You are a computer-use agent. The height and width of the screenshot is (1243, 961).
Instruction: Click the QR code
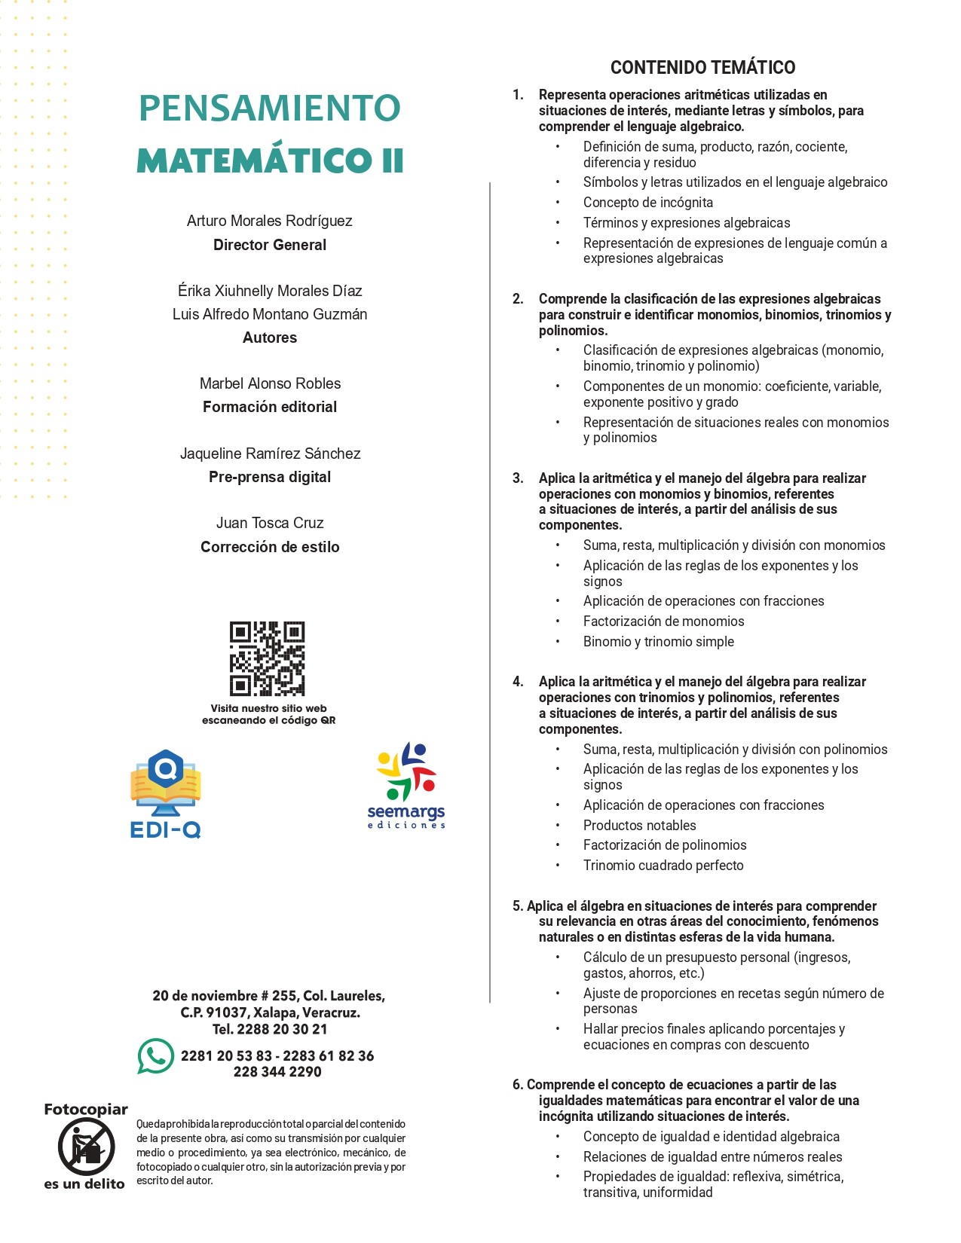pos(267,658)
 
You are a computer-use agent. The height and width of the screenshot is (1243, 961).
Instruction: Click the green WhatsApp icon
pos(155,1056)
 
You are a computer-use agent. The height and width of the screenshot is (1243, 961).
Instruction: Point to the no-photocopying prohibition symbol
pos(86,1147)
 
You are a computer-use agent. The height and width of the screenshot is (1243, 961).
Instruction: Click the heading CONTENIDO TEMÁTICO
pos(702,68)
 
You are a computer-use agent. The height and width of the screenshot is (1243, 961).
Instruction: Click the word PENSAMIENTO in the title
pos(270,108)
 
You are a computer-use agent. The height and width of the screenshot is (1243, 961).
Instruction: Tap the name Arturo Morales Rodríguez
pos(270,221)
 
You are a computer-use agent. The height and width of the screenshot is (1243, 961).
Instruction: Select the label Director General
pos(270,245)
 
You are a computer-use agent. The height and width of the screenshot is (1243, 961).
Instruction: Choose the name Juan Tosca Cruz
pos(270,523)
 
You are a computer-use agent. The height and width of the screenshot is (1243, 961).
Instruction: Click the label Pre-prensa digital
pos(270,477)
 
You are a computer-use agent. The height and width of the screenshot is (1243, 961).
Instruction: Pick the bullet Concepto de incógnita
pos(647,203)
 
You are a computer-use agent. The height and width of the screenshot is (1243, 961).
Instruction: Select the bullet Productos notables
pos(639,826)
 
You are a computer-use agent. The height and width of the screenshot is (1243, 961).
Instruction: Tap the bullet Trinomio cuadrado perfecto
pos(663,866)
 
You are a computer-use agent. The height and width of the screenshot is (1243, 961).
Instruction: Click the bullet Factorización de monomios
pos(663,621)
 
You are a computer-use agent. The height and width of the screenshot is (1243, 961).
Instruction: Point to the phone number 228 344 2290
pos(277,1072)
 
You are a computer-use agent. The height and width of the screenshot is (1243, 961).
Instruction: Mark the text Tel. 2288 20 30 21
pos(270,1029)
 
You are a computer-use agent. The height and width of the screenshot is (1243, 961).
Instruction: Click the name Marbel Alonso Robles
pos(270,383)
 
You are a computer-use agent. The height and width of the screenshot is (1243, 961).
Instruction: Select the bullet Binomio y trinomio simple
pos(658,642)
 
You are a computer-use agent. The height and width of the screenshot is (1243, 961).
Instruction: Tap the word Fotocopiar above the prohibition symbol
pos(86,1110)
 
